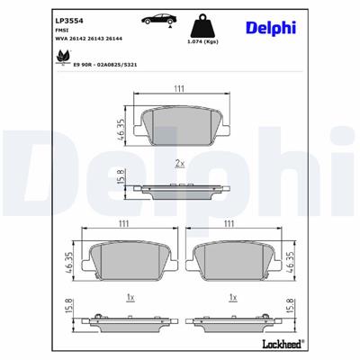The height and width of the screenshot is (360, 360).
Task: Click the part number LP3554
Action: pyautogui.click(x=69, y=18)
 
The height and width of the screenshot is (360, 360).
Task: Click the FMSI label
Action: pyautogui.click(x=62, y=30)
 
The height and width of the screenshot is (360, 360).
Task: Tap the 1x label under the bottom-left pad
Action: pyautogui.click(x=130, y=297)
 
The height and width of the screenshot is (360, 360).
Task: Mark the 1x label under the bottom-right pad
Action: pyautogui.click(x=232, y=297)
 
